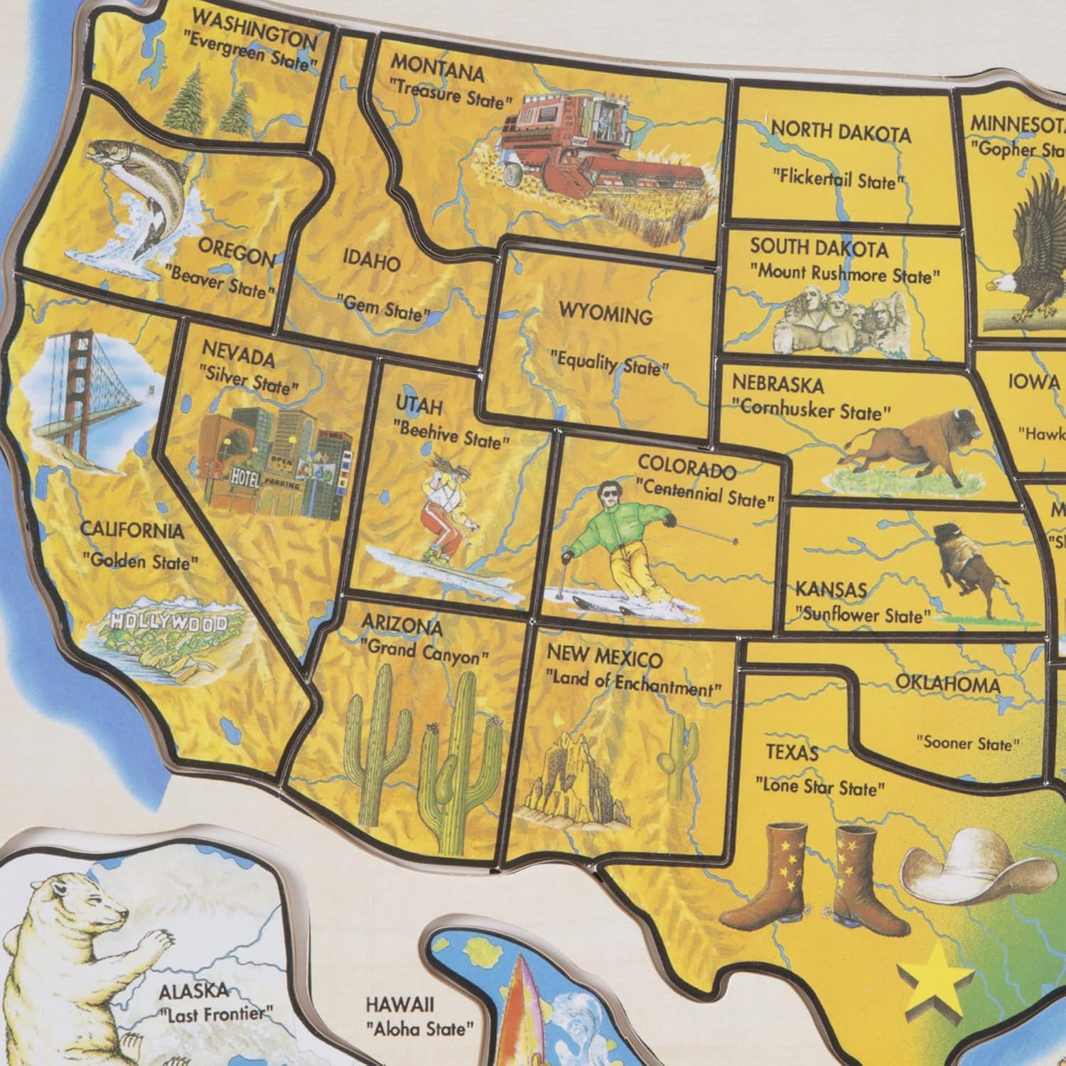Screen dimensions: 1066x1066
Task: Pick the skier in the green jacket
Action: point(625,540)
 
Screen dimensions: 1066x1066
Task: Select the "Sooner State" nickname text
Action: point(967,743)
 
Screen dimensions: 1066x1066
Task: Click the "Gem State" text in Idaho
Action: point(384,308)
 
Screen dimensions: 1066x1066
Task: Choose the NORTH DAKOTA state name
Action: point(841,132)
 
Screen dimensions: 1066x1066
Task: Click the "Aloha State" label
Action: point(420,1028)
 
